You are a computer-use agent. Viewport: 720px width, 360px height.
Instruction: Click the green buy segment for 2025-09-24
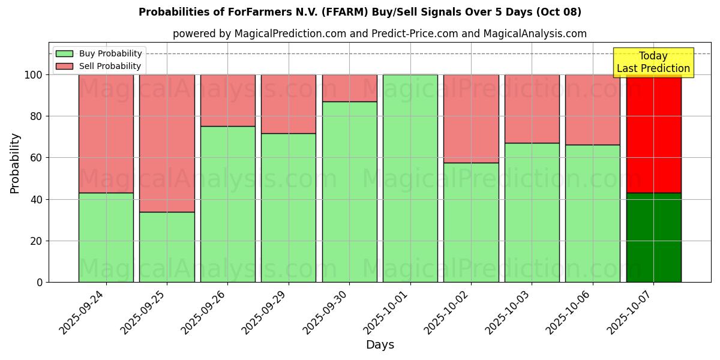click(106, 237)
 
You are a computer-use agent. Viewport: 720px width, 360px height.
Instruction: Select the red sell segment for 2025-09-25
click(167, 143)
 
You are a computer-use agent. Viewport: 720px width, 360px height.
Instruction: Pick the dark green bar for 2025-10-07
click(653, 237)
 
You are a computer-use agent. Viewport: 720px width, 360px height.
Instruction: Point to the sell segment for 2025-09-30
click(349, 88)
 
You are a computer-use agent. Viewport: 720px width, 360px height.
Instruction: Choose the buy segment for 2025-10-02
click(471, 222)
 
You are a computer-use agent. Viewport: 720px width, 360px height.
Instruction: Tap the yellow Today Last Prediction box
click(653, 62)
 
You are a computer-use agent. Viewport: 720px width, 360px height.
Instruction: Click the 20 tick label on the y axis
click(37, 241)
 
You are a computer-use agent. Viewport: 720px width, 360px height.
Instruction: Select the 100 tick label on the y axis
click(34, 75)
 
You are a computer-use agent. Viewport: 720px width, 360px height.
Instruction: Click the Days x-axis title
click(380, 345)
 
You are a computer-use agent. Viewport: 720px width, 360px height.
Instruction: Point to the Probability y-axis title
click(15, 163)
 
